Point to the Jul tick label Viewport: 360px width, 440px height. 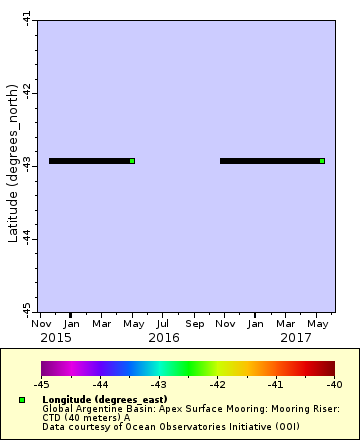163,324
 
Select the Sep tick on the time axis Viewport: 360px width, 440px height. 194,324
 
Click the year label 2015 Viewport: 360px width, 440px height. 55,338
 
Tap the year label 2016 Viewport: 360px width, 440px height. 163,338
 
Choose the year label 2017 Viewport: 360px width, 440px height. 295,338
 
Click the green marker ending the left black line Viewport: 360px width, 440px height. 132,161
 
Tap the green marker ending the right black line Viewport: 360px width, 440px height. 322,161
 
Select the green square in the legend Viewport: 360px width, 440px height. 21,400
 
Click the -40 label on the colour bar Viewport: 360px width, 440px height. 334,384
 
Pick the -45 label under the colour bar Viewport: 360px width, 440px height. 42,384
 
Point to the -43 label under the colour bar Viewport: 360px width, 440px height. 159,384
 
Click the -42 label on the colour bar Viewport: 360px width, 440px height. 217,384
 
